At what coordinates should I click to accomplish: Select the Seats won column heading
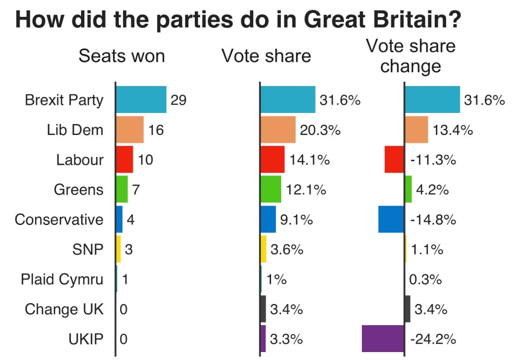coord(122,56)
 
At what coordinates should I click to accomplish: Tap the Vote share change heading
coord(411,56)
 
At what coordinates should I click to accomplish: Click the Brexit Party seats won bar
coord(141,100)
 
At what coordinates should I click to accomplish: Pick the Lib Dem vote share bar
coord(278,130)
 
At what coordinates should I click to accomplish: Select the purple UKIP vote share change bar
coord(383,339)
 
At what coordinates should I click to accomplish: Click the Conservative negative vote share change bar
coord(391,219)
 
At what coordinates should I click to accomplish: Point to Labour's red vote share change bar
coord(394,160)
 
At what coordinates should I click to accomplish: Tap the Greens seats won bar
coord(122,190)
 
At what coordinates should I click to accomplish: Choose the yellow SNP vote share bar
coord(264,249)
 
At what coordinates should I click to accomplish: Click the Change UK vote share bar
coord(263,309)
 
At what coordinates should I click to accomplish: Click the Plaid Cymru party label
coord(62,279)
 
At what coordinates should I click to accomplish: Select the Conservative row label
coord(59,219)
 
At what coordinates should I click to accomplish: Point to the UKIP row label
coord(86,339)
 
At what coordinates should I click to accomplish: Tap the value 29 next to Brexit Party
coord(179,100)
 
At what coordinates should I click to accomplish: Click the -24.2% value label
coord(432,339)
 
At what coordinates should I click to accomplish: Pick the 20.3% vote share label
coord(320,130)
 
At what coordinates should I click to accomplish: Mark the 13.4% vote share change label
coord(453,130)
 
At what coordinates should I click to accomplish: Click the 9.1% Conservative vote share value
coord(297,220)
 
